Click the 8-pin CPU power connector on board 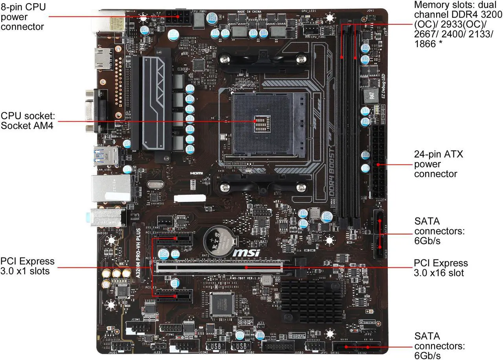[x=178, y=18]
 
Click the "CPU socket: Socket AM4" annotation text [x=28, y=121]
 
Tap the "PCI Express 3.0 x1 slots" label [x=28, y=266]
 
